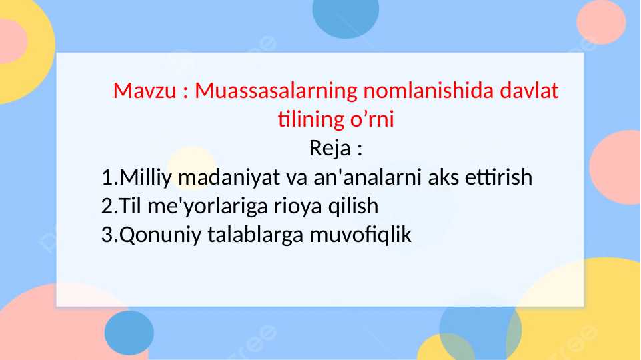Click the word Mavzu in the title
click(x=145, y=91)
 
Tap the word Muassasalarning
click(x=276, y=91)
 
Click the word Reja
click(x=330, y=148)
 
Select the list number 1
click(x=107, y=178)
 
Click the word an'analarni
click(x=366, y=178)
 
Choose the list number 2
click(x=107, y=207)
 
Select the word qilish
click(x=353, y=207)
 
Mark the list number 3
click(x=107, y=235)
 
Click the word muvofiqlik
click(x=361, y=235)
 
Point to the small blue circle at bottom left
click(x=129, y=333)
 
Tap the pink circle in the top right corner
click(x=601, y=22)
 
